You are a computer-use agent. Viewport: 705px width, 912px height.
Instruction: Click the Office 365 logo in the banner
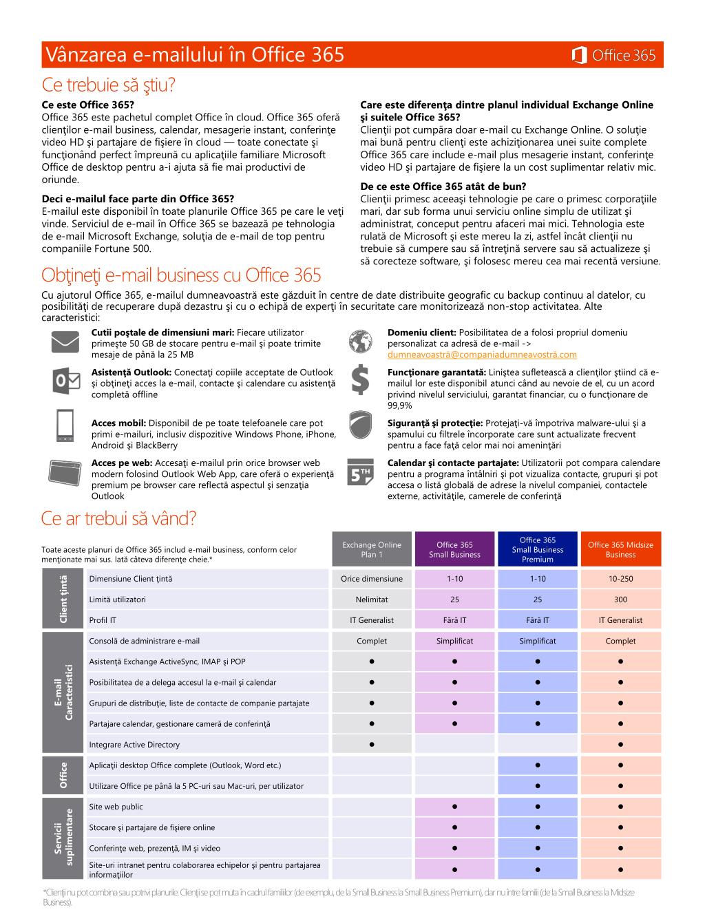click(613, 55)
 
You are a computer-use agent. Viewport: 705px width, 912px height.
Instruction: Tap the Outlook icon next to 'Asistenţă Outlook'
click(65, 381)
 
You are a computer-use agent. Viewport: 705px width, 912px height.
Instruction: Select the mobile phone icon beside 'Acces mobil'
click(65, 425)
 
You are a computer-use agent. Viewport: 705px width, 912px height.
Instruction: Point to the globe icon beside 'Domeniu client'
click(361, 342)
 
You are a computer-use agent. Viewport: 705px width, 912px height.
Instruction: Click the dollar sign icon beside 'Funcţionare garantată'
click(360, 381)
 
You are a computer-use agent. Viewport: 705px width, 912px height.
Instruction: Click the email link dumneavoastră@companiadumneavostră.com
click(482, 354)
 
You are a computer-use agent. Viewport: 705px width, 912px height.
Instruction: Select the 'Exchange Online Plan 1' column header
click(372, 549)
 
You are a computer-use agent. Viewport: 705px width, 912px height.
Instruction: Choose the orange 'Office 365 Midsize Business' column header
click(620, 549)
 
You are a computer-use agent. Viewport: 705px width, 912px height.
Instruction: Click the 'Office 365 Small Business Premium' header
click(538, 549)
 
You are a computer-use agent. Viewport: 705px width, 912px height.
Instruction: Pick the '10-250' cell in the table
click(620, 579)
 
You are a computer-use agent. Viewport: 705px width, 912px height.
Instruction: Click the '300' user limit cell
click(620, 600)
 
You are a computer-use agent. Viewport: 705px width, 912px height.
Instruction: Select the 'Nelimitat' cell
click(372, 600)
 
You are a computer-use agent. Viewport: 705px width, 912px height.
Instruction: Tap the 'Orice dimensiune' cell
click(372, 579)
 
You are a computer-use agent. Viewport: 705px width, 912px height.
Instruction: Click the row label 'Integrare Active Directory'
click(134, 745)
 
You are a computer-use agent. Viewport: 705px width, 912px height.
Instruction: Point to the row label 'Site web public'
click(116, 806)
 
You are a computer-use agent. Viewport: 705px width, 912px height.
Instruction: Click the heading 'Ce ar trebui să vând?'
click(118, 518)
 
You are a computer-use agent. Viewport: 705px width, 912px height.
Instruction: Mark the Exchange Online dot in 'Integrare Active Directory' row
click(372, 745)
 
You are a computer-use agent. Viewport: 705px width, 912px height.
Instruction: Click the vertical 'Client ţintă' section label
click(63, 600)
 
